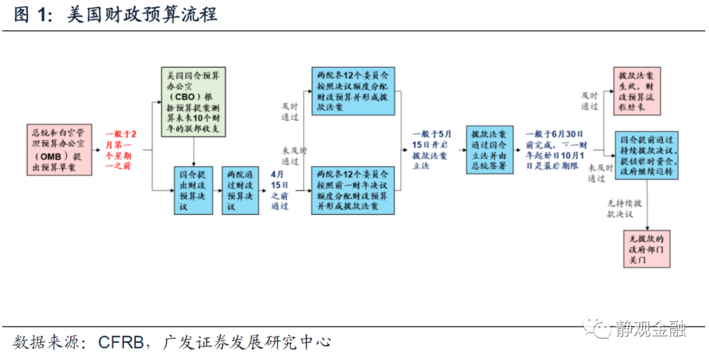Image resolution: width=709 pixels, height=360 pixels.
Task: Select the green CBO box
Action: (x=194, y=101)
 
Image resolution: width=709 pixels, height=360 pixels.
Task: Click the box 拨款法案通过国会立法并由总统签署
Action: (x=489, y=150)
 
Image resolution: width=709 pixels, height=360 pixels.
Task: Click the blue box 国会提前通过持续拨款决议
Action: (x=645, y=155)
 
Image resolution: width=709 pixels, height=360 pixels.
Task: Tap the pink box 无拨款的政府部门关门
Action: (x=647, y=248)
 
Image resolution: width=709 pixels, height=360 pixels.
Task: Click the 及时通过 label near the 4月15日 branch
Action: (x=290, y=111)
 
